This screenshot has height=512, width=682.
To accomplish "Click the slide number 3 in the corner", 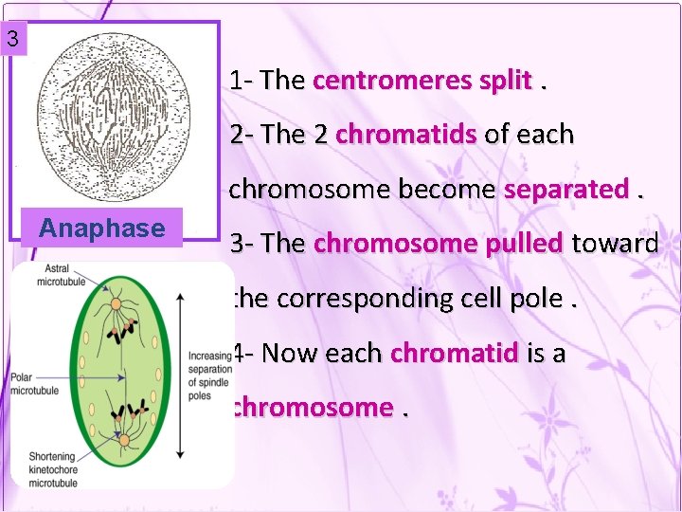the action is pyautogui.click(x=11, y=40).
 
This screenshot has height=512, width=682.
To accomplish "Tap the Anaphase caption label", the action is pyautogui.click(x=102, y=229).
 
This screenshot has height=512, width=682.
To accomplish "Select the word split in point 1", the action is pyautogui.click(x=505, y=81).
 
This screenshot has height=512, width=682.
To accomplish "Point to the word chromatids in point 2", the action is pyautogui.click(x=405, y=135).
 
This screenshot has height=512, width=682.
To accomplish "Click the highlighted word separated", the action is pyautogui.click(x=565, y=190).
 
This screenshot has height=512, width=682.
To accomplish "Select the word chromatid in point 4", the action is pyautogui.click(x=454, y=354).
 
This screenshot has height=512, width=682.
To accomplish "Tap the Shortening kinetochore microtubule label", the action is pyautogui.click(x=51, y=469).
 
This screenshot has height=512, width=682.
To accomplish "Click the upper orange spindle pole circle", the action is pyautogui.click(x=117, y=306).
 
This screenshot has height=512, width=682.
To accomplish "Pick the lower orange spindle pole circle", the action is pyautogui.click(x=125, y=438).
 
